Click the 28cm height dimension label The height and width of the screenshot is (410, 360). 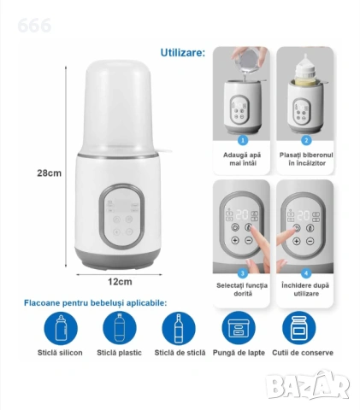coord(49,173)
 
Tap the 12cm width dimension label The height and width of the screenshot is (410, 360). coord(120,282)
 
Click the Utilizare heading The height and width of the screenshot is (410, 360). coord(183,53)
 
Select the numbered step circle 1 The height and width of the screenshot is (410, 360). coord(243,140)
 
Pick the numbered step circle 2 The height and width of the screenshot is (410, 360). coord(306,140)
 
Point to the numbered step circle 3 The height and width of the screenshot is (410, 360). coord(243,273)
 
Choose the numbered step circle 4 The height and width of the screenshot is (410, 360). coord(306,273)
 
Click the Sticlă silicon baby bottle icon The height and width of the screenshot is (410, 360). coord(61,328)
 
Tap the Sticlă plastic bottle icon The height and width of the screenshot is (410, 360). coord(120,328)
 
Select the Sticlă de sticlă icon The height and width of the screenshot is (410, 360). coord(179,328)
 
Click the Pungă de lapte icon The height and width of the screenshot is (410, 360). coord(239,328)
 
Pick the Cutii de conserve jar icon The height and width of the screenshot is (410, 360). coord(299,328)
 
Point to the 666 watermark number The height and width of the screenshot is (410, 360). coord(34,26)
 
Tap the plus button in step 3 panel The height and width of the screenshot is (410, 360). coord(235,241)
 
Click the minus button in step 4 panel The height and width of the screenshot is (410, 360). coord(310,242)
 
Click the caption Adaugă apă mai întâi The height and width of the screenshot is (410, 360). coord(242,159)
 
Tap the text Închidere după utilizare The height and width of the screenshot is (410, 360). coord(305,290)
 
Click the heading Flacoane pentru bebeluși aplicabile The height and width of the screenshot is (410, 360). coord(96,303)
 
